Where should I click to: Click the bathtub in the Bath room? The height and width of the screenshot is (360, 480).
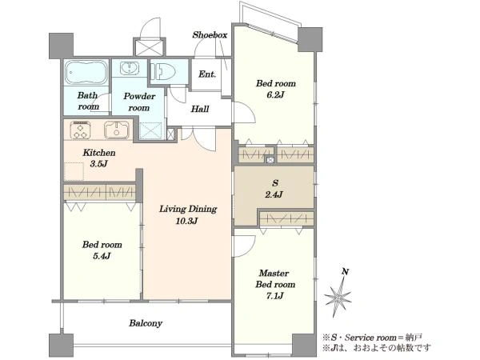click(x=86, y=72)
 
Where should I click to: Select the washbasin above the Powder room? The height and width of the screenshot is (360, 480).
click(x=130, y=68)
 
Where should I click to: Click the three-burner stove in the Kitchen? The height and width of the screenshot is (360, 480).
click(x=81, y=130)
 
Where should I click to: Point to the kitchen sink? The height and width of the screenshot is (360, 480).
click(x=117, y=130)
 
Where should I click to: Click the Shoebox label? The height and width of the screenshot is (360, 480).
click(x=210, y=35)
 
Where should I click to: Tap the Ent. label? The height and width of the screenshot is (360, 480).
click(x=207, y=74)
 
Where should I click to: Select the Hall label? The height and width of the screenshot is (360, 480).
click(x=200, y=109)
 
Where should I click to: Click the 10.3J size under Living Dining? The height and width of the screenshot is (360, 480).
click(x=187, y=221)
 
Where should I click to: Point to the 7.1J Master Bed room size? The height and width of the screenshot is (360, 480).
click(x=275, y=296)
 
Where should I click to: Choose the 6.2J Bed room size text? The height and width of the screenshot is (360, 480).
click(x=275, y=94)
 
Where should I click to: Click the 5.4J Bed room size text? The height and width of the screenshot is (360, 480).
click(x=102, y=256)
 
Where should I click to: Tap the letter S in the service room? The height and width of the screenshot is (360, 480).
click(x=275, y=183)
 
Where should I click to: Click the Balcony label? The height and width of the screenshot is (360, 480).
click(x=146, y=323)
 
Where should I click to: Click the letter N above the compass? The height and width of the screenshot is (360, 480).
click(x=346, y=271)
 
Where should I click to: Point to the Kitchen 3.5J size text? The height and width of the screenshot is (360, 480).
click(x=98, y=164)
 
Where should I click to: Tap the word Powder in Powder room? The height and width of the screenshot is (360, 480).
click(x=139, y=97)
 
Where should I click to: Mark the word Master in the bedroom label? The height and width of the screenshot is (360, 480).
click(x=274, y=273)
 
